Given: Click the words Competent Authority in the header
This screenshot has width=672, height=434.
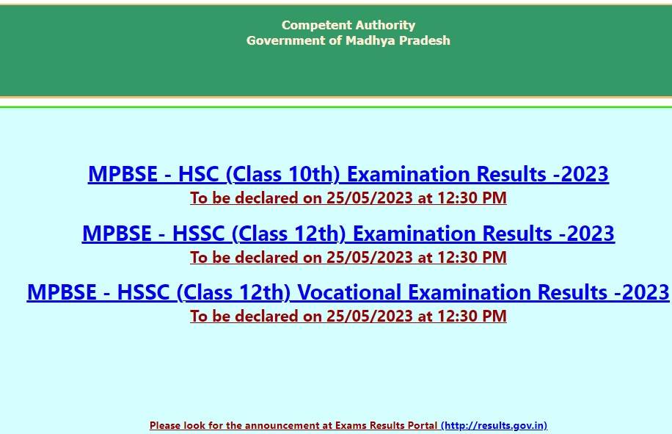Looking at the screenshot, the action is (x=348, y=25).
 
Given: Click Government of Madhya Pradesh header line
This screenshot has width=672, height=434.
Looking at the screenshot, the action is (x=348, y=40).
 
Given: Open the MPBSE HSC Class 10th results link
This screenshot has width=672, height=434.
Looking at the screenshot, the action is (x=348, y=174).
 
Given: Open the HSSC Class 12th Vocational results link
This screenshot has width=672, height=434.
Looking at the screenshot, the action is (x=348, y=292).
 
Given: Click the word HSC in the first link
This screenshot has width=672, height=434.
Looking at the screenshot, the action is (x=198, y=174).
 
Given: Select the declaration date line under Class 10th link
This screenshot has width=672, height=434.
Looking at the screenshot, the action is (x=348, y=198).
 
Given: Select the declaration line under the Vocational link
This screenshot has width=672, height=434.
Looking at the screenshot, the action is (x=348, y=316).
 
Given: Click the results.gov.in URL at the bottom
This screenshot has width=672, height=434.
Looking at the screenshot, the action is (x=494, y=425).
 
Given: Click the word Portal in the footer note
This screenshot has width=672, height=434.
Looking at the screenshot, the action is (x=424, y=425).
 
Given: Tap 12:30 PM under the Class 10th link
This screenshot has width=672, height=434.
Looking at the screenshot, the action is (x=472, y=198).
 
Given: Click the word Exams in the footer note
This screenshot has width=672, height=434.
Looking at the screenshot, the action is (x=351, y=425).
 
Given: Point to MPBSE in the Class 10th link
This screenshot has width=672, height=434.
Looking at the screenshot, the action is (x=123, y=174).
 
